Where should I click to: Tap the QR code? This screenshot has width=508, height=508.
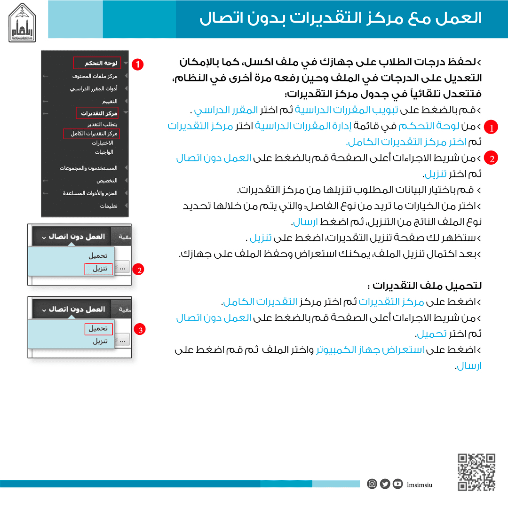pyautogui.click(x=476, y=472)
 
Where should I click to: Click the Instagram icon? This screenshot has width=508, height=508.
pyautogui.click(x=372, y=484)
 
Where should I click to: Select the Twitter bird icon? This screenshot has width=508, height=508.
pyautogui.click(x=385, y=484)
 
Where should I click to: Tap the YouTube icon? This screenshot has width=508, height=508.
pyautogui.click(x=398, y=484)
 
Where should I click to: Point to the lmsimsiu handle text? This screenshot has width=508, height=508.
pyautogui.click(x=420, y=484)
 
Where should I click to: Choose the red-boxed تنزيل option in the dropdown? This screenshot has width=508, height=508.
pyautogui.click(x=99, y=269)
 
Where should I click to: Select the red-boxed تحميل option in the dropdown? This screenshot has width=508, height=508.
pyautogui.click(x=98, y=329)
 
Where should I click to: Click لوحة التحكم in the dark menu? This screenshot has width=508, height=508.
pyautogui.click(x=97, y=63)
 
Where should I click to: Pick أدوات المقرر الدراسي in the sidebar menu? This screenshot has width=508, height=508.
pyautogui.click(x=93, y=88)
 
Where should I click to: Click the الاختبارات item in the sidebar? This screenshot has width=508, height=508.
pyautogui.click(x=102, y=143)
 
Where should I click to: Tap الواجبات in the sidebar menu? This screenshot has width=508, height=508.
pyautogui.click(x=104, y=152)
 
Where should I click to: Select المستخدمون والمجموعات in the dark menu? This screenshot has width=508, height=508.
pyautogui.click(x=88, y=168)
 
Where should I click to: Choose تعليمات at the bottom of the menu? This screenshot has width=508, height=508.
pyautogui.click(x=108, y=206)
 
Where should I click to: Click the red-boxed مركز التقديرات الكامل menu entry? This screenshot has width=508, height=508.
pyautogui.click(x=92, y=134)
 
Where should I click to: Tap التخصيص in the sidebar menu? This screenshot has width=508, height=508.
pyautogui.click(x=107, y=181)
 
